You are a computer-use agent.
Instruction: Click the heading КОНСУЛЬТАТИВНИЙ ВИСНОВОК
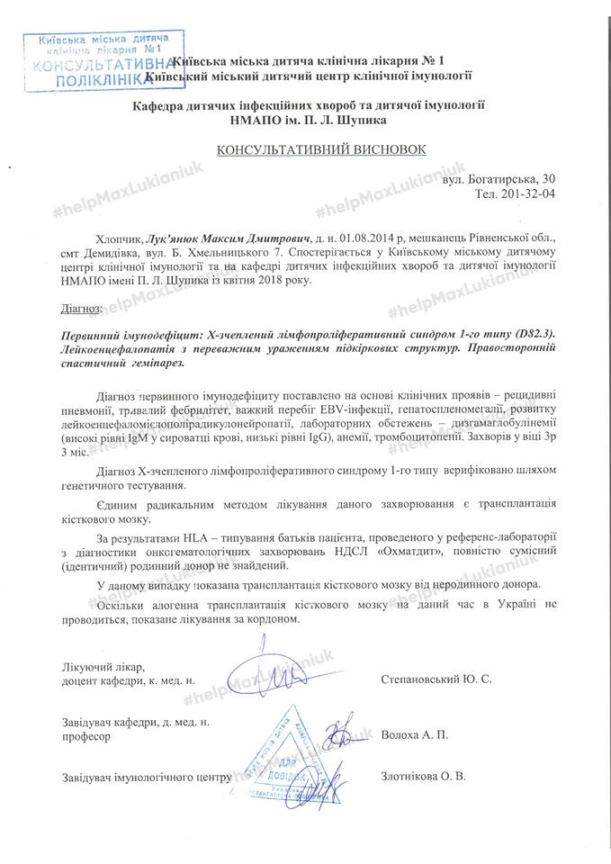click(x=305, y=148)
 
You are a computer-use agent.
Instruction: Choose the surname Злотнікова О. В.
click(x=424, y=776)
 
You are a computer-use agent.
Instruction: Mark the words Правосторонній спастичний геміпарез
click(x=270, y=355)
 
